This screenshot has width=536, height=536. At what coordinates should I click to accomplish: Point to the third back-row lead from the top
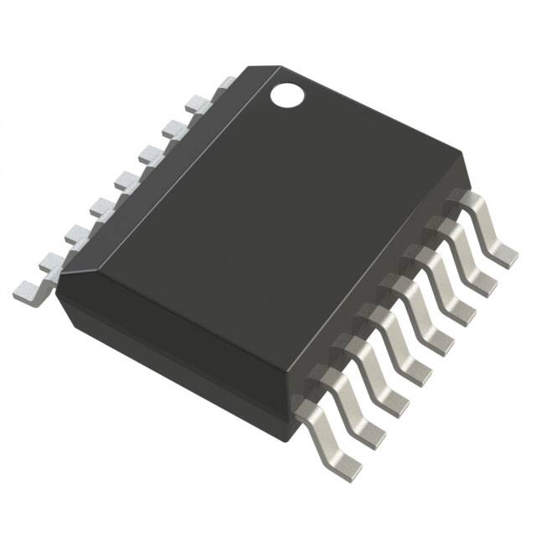(x=152, y=154)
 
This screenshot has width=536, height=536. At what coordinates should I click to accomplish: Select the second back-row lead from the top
(x=174, y=129)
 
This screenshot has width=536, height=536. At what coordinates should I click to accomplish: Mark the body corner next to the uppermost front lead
(x=461, y=153)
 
